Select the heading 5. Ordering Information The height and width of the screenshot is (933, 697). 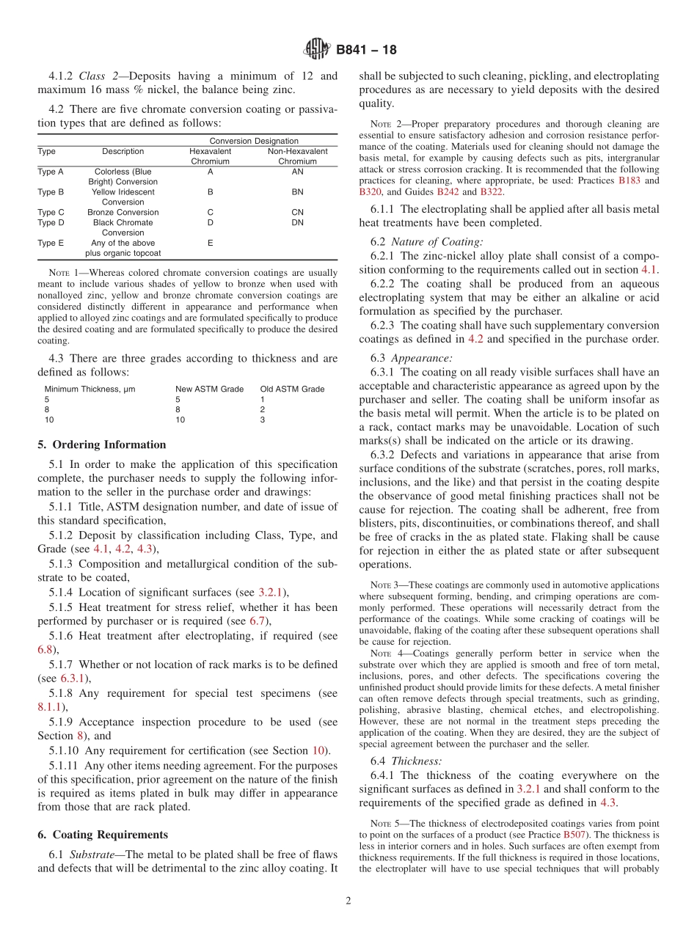click(x=102, y=444)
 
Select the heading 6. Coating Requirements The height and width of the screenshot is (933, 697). click(x=103, y=835)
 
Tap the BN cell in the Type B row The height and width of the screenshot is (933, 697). click(x=297, y=192)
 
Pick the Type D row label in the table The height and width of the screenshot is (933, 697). click(x=51, y=223)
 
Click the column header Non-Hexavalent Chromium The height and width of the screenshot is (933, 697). click(x=297, y=156)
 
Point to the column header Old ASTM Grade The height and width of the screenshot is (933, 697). click(x=292, y=389)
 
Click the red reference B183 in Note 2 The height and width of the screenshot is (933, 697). click(x=628, y=180)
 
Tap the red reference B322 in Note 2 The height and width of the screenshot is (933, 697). click(x=492, y=191)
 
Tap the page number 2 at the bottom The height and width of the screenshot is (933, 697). click(x=348, y=901)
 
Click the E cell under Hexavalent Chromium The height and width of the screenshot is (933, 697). click(x=211, y=243)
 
